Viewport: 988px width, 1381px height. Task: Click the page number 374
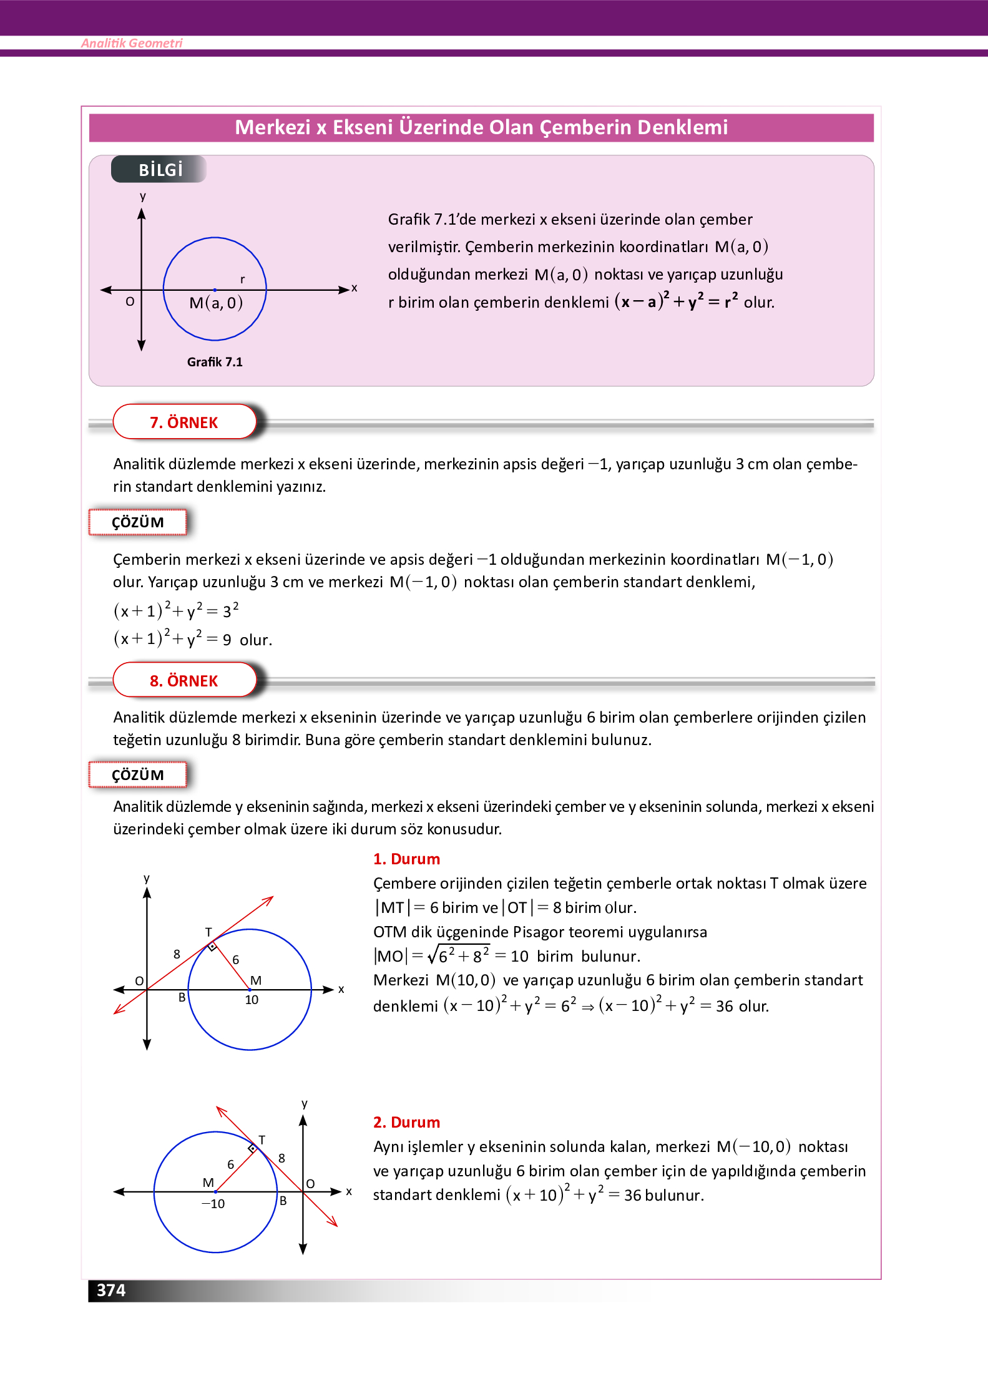[111, 1290]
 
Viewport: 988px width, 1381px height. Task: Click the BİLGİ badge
[160, 169]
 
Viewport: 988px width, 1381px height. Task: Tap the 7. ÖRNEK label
[184, 422]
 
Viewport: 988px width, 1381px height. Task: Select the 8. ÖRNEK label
[184, 680]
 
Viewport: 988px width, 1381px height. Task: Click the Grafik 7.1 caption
[215, 362]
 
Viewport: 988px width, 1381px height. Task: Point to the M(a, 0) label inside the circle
[216, 303]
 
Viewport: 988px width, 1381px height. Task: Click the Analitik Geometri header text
[132, 43]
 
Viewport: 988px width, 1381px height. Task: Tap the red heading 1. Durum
[406, 859]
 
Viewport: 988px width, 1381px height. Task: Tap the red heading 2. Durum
[406, 1122]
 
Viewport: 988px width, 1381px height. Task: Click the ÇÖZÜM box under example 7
[138, 522]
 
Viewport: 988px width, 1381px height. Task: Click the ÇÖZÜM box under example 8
[138, 775]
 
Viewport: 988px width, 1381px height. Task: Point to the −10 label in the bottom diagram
[213, 1204]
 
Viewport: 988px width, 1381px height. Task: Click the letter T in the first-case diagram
[208, 932]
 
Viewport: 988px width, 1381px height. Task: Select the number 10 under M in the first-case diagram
[252, 1000]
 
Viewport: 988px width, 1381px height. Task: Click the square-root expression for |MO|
[459, 955]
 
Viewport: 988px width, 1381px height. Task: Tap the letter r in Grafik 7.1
[242, 280]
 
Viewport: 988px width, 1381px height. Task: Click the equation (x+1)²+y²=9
[173, 639]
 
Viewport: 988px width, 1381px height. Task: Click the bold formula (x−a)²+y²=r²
[677, 301]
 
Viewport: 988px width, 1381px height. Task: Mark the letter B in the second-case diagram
[283, 1201]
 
